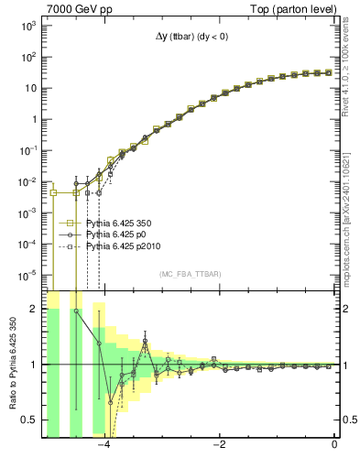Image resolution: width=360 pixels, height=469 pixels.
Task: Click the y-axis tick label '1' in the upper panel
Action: [x=33, y=120]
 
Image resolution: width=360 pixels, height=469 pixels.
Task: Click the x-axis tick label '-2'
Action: [x=219, y=446]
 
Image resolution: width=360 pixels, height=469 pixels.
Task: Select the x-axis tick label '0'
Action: [x=335, y=446]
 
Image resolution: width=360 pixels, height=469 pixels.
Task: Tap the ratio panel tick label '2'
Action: [x=33, y=310]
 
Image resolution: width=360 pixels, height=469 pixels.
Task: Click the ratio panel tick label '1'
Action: [x=33, y=365]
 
